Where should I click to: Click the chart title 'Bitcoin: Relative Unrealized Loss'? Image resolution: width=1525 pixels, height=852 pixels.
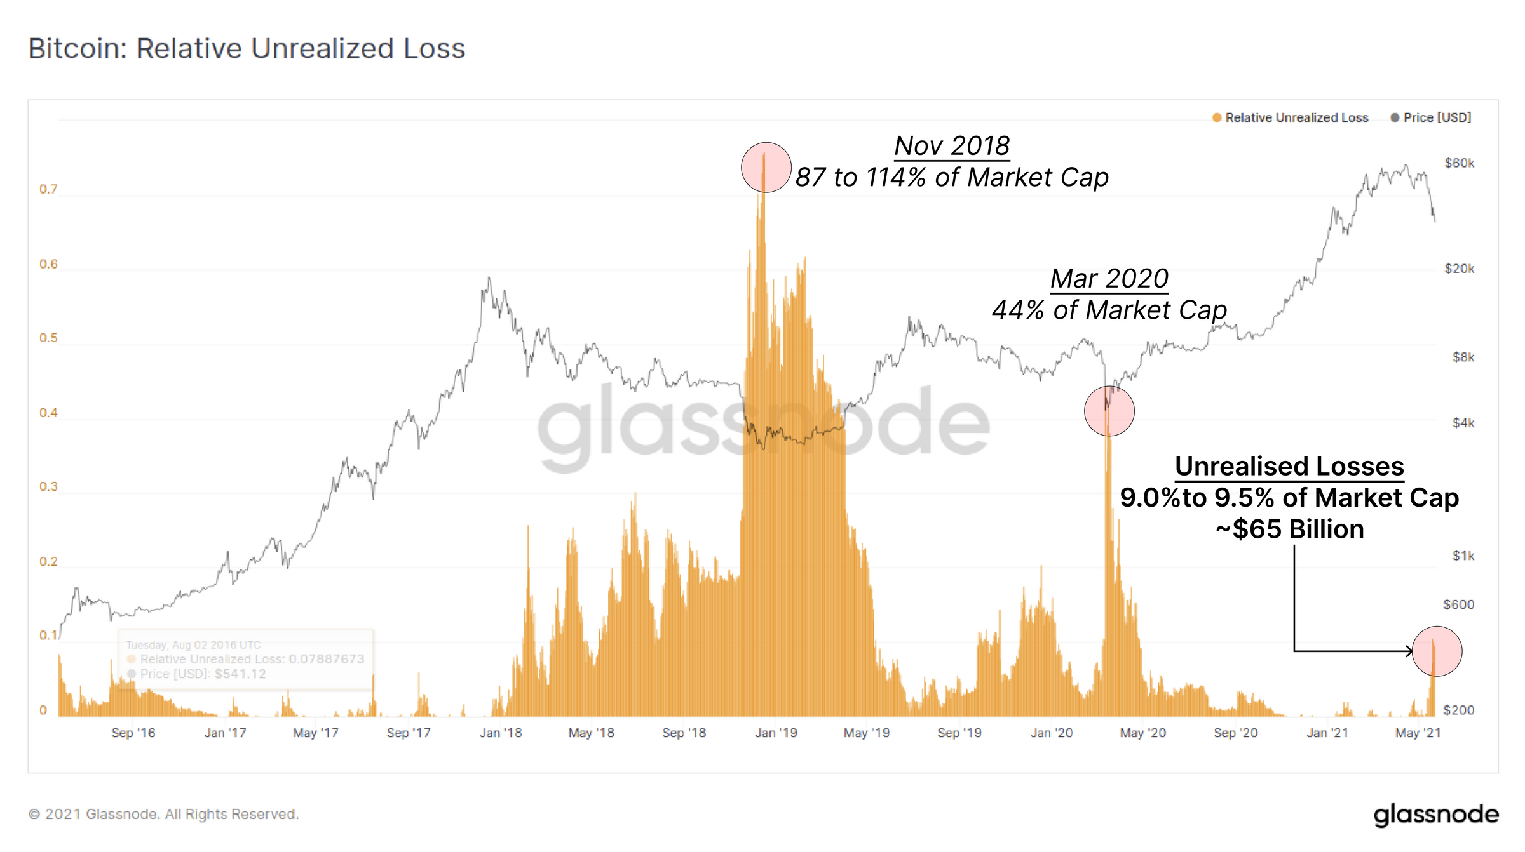point(247,49)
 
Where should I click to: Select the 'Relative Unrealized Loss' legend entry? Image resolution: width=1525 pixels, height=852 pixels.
point(1296,117)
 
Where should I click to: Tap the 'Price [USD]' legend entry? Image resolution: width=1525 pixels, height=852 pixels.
point(1437,117)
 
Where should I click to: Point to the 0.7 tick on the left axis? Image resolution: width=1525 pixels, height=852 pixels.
point(48,189)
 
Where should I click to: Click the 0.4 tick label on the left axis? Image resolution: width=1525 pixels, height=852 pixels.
point(48,413)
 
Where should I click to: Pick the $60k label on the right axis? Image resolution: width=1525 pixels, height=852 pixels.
point(1459,163)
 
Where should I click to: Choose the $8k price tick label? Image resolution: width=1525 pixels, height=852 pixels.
point(1463,357)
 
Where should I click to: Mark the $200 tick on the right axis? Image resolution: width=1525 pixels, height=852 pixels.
point(1458,710)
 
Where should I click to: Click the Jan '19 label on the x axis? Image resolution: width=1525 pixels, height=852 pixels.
point(776,733)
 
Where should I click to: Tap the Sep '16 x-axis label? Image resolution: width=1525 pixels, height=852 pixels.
point(133,733)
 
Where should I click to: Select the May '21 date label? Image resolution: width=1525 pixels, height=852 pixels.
point(1418,733)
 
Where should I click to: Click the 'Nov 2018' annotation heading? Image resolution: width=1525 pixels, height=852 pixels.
point(952,146)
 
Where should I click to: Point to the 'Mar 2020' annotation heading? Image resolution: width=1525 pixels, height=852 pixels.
point(1109,279)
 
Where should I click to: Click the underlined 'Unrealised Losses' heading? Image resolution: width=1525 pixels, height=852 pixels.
point(1289,467)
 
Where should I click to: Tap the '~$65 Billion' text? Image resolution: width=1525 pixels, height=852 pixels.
point(1289,529)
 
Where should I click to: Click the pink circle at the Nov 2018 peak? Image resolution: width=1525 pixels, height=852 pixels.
point(766,168)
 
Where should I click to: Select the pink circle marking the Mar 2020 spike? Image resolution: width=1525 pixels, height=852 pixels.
point(1109,411)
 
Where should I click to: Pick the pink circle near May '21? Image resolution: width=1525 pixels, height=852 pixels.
point(1437,651)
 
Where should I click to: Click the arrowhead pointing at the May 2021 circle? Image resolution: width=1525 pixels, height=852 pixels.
point(1409,651)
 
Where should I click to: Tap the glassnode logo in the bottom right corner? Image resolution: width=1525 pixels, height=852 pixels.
point(1435,815)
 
